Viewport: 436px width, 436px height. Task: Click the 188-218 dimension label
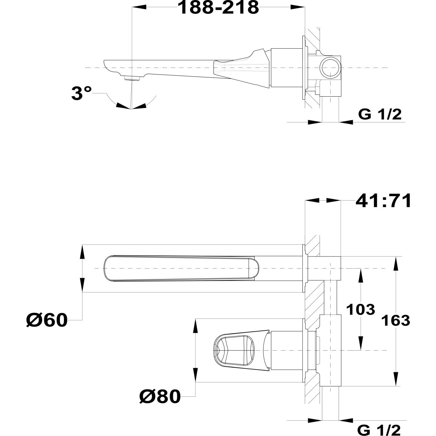[x=218, y=8]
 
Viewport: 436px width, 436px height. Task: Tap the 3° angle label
[x=81, y=93]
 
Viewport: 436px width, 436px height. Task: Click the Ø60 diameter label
[x=47, y=320]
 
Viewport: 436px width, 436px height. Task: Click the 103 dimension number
[x=361, y=310]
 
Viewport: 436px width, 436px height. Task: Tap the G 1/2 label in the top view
[x=380, y=114]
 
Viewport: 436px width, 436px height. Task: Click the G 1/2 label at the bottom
[x=379, y=429]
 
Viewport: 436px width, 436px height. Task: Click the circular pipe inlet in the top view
[x=331, y=68]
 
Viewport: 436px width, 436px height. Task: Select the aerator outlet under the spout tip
[x=132, y=78]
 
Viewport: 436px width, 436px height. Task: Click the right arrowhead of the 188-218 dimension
[x=298, y=7]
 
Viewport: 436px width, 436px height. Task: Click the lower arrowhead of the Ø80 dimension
[x=195, y=375]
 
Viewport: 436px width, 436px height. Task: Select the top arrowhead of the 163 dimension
[x=396, y=264]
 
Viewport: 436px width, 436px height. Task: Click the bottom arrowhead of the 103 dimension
[x=361, y=343]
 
